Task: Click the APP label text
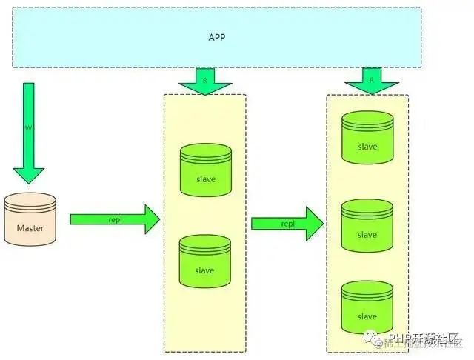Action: (217, 36)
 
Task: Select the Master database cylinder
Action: (30, 222)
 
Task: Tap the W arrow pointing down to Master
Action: (29, 133)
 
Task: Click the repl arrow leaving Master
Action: (115, 219)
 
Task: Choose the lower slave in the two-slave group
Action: (204, 265)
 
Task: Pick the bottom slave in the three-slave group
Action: (367, 311)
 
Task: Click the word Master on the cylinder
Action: (30, 228)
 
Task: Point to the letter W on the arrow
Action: (29, 127)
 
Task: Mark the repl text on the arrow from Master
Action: (115, 219)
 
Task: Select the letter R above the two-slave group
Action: (205, 76)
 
